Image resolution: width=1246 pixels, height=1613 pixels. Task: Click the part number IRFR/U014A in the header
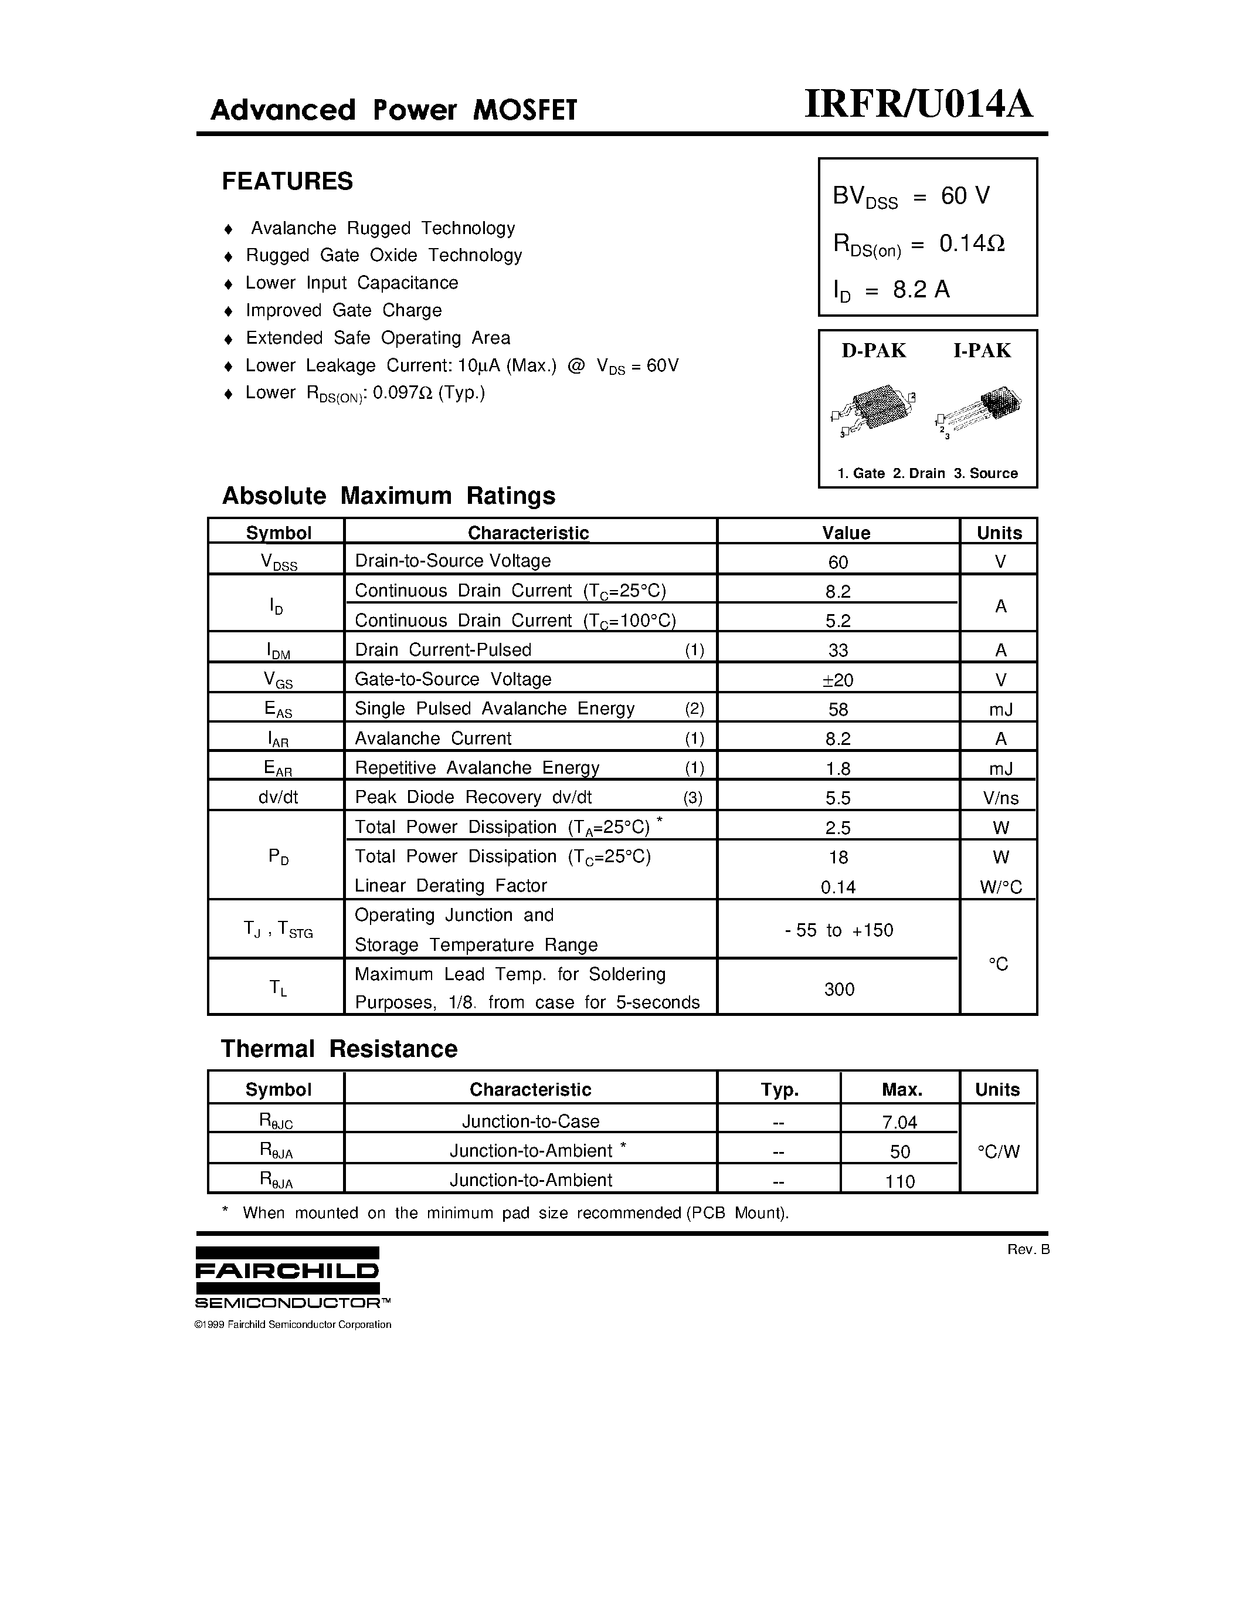tap(918, 104)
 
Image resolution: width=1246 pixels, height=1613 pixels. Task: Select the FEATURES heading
tap(287, 181)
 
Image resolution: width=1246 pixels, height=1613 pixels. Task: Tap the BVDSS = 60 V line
tap(911, 196)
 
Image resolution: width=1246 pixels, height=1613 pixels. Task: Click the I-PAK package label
tap(982, 351)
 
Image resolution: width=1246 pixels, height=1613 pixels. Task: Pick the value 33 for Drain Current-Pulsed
tap(838, 650)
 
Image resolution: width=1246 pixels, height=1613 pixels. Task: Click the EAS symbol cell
tap(279, 710)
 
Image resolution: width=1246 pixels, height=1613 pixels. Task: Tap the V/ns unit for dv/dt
tap(1000, 798)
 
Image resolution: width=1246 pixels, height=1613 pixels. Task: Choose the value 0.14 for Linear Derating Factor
tap(838, 887)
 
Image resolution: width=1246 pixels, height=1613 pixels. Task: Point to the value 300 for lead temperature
tap(838, 989)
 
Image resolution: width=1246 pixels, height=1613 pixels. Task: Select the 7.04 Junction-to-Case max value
tap(899, 1123)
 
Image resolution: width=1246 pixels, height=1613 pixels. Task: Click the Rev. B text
tap(1027, 1249)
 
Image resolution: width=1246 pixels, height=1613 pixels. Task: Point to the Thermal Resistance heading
tap(339, 1049)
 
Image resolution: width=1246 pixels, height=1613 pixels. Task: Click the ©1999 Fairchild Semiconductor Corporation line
tap(293, 1324)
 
